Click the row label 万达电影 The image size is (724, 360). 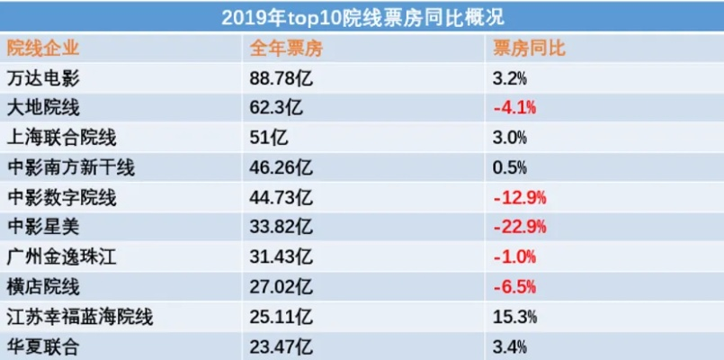coord(42,78)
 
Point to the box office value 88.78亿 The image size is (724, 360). coord(281,78)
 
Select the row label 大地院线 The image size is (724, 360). coord(42,108)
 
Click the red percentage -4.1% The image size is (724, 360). coord(514,108)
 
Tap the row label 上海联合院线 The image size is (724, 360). coord(60,138)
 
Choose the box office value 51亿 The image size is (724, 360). coord(268,138)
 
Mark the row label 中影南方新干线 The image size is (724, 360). coord(69,167)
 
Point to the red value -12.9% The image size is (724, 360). coord(520,197)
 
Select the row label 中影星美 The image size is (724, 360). coord(42,227)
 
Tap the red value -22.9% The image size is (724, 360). coord(520,227)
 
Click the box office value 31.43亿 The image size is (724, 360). coord(281,256)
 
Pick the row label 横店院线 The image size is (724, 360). coord(42,286)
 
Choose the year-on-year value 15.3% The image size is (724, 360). coord(515,316)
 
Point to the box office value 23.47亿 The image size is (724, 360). coord(281,346)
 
